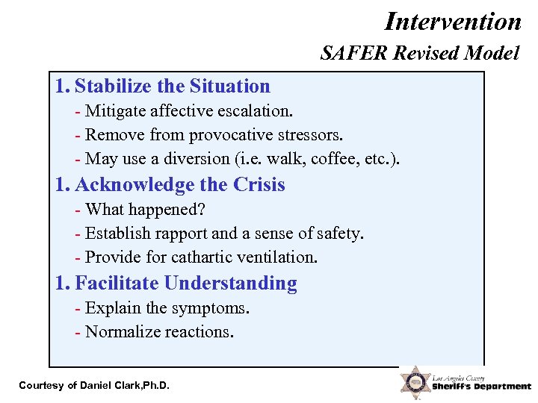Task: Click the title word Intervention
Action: tap(453, 21)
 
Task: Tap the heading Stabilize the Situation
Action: tap(173, 87)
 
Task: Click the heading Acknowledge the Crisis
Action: tap(180, 184)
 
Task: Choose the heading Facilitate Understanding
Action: tap(186, 283)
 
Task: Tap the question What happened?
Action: tap(145, 210)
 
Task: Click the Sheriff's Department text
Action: tap(481, 387)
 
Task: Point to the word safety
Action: tap(339, 234)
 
